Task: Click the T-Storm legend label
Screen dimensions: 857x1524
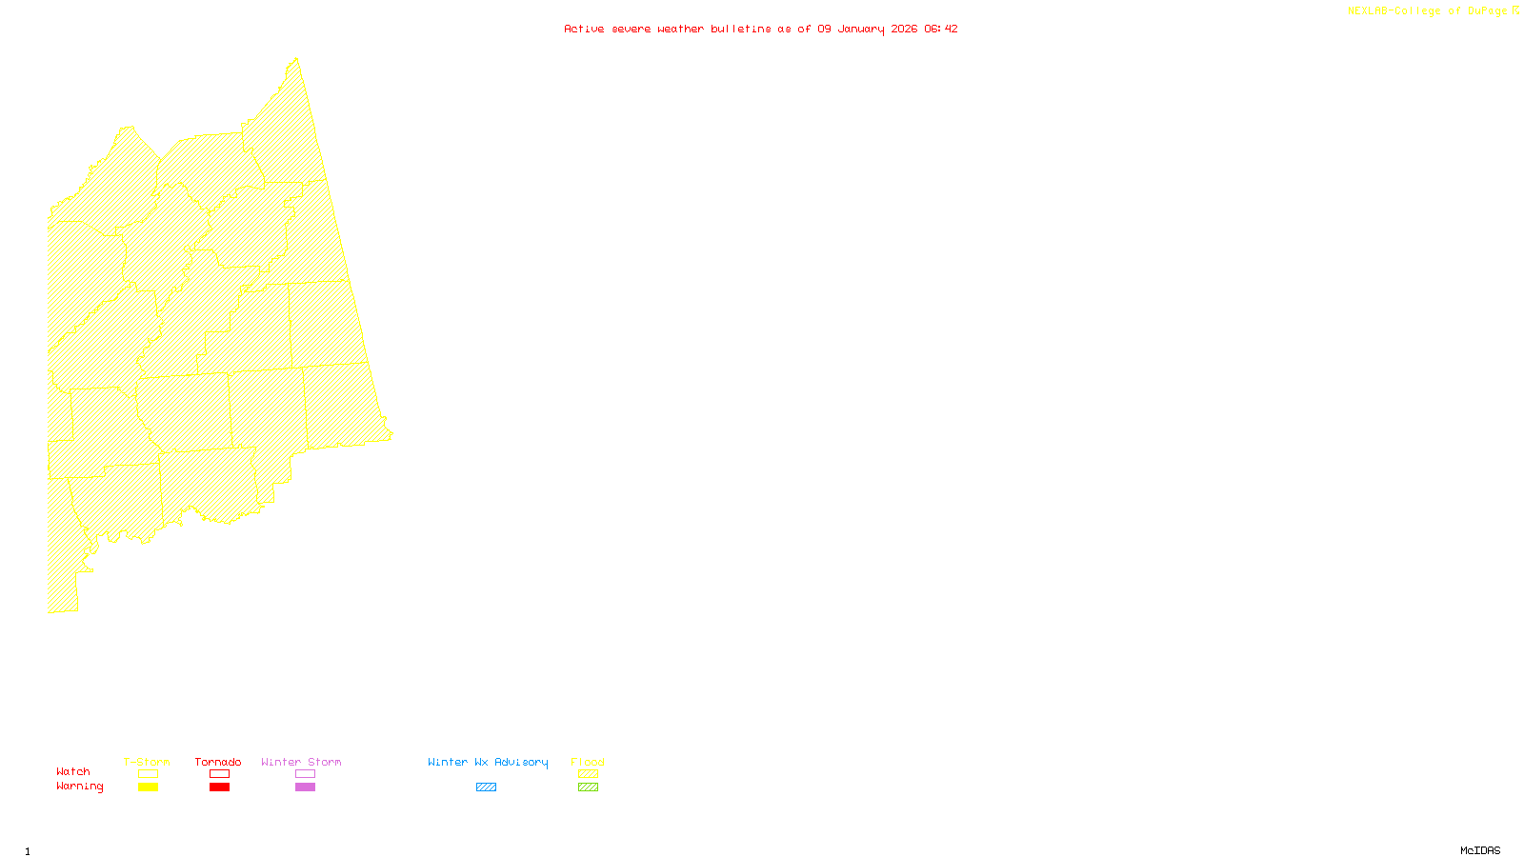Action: (147, 762)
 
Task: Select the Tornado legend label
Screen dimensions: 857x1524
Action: (218, 762)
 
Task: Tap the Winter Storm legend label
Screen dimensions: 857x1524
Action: (301, 762)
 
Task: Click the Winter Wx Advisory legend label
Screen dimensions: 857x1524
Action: (488, 762)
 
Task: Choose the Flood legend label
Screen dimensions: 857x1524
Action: (588, 762)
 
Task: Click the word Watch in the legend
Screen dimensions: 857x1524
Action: (73, 771)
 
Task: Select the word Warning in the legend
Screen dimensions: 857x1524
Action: (80, 787)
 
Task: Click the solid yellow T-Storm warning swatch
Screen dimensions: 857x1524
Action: (148, 787)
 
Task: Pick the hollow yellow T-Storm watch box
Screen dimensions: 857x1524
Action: (148, 774)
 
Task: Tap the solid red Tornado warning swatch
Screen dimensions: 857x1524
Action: (219, 787)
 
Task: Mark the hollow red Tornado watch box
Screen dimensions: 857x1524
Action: (219, 774)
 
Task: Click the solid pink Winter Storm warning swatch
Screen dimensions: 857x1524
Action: (305, 787)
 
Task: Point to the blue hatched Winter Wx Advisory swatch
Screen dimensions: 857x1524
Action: (486, 787)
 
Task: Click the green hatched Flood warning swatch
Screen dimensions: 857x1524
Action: (588, 787)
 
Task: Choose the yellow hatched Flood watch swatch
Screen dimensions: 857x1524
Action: (588, 774)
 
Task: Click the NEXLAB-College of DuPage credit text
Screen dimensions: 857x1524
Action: (1428, 11)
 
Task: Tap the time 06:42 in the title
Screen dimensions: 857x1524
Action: (941, 29)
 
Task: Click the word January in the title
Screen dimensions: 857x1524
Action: (861, 29)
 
